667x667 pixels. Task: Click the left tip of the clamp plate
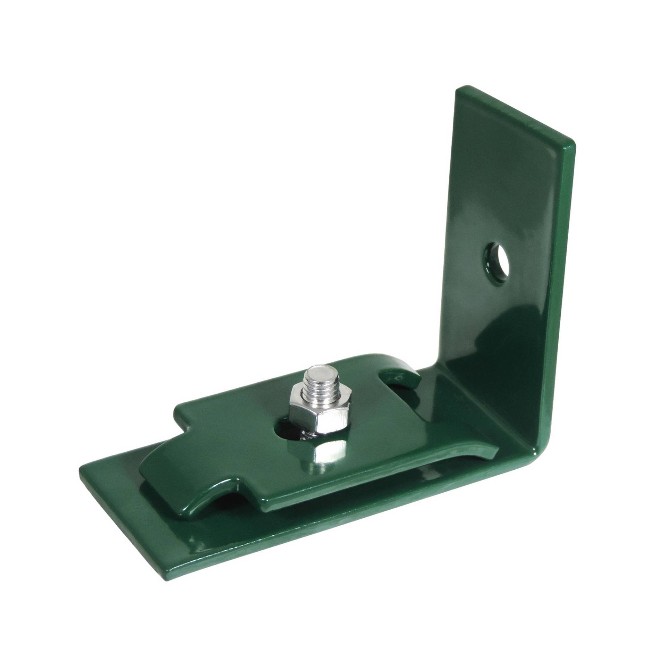coord(141,474)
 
